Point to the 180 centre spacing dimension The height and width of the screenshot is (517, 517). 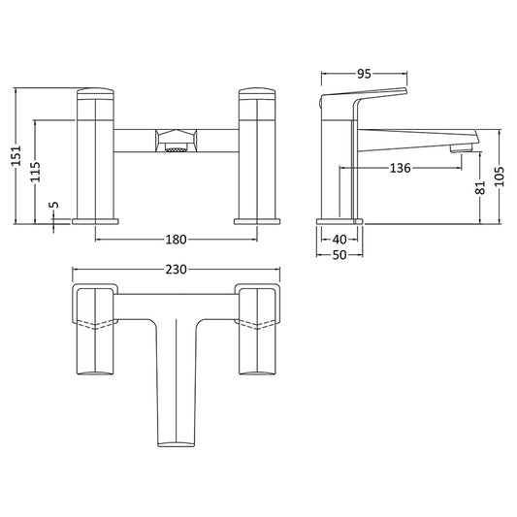177,239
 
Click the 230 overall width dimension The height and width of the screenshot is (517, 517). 177,269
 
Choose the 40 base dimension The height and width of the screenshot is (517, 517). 339,239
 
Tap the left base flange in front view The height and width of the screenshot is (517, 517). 97,220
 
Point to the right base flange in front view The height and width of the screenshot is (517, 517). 256,220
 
